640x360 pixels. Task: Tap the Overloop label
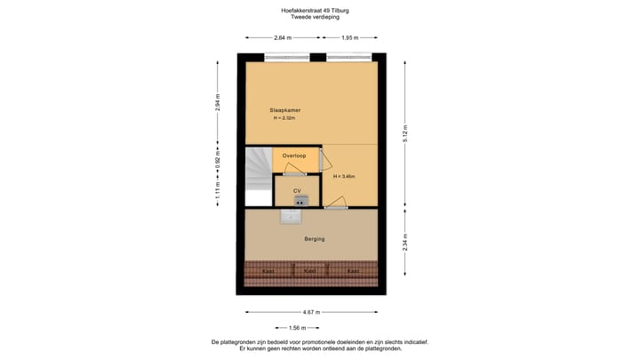tap(294, 156)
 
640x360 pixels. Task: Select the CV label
tap(297, 190)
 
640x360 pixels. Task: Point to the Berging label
tap(314, 239)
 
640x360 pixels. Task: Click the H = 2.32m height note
tap(284, 118)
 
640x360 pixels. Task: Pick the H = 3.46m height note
tap(344, 177)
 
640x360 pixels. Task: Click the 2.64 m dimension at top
tap(282, 38)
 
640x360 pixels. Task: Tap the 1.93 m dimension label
tap(350, 38)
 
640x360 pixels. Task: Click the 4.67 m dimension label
tap(311, 312)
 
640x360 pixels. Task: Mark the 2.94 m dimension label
tap(218, 103)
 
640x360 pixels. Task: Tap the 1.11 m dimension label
tap(218, 191)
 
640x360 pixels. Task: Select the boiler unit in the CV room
tap(300, 201)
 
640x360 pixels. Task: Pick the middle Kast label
tap(310, 271)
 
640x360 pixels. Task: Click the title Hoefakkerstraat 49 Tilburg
tap(316, 11)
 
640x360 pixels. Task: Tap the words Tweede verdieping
tap(316, 18)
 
